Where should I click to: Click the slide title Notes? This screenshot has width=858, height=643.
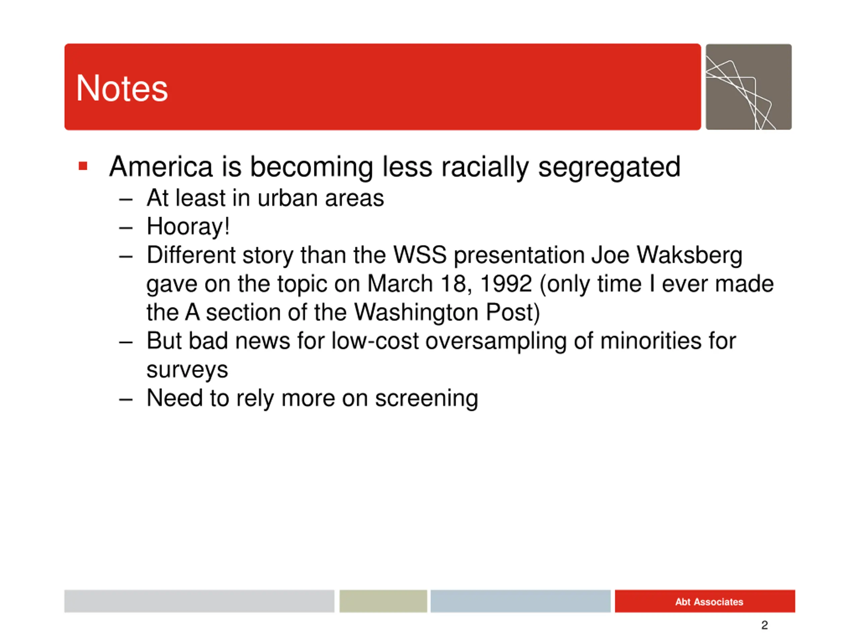(122, 88)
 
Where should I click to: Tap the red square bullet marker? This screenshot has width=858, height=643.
(83, 166)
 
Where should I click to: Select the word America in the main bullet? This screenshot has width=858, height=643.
(161, 167)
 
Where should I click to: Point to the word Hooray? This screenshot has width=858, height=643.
(188, 226)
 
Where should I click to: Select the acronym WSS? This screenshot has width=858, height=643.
(420, 255)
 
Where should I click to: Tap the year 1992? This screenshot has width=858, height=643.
(506, 284)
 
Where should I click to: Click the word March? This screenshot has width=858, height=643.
(400, 284)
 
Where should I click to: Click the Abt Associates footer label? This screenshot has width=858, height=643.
(709, 602)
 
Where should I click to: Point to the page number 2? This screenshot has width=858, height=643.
(764, 625)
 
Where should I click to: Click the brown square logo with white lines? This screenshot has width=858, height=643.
(749, 87)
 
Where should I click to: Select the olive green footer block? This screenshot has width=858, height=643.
(383, 601)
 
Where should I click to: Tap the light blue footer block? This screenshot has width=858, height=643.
(520, 601)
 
